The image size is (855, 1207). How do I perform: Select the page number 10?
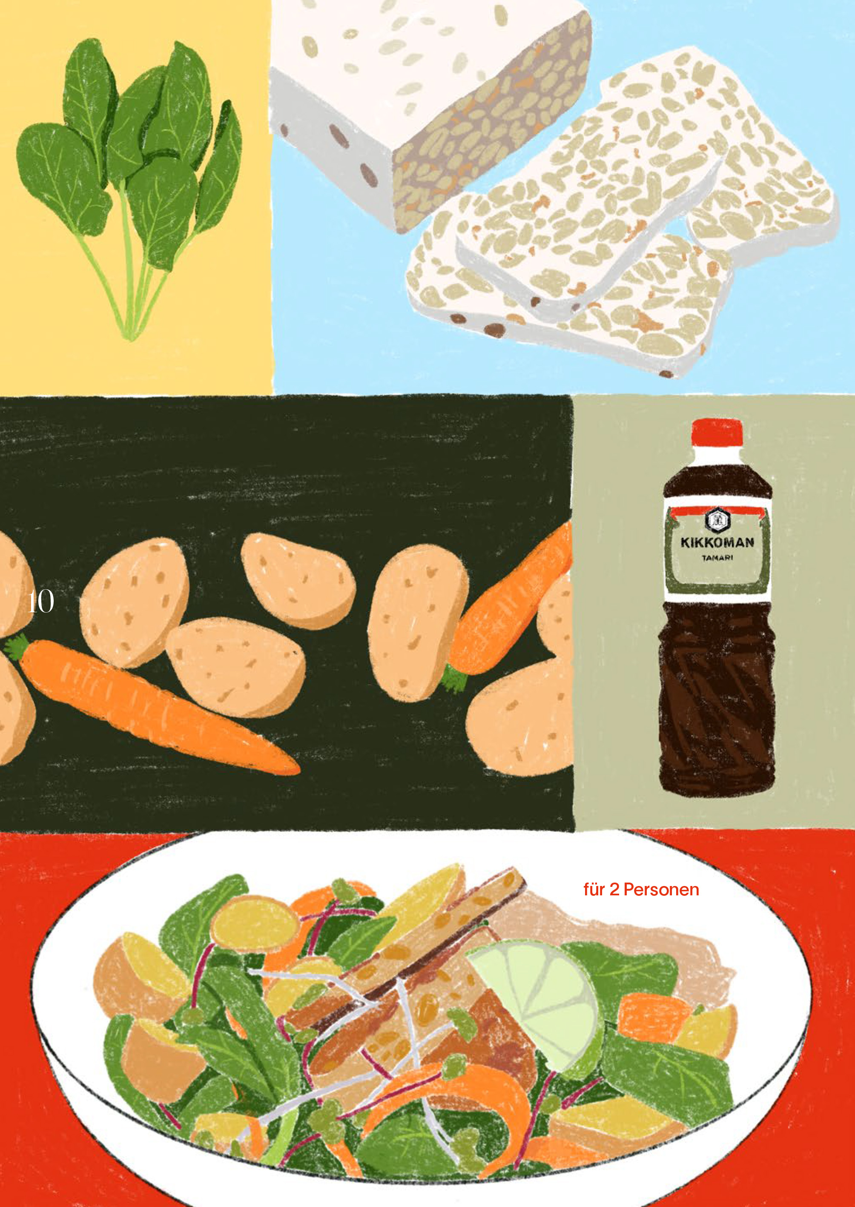click(x=40, y=602)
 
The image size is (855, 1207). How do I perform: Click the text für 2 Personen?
click(x=641, y=889)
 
